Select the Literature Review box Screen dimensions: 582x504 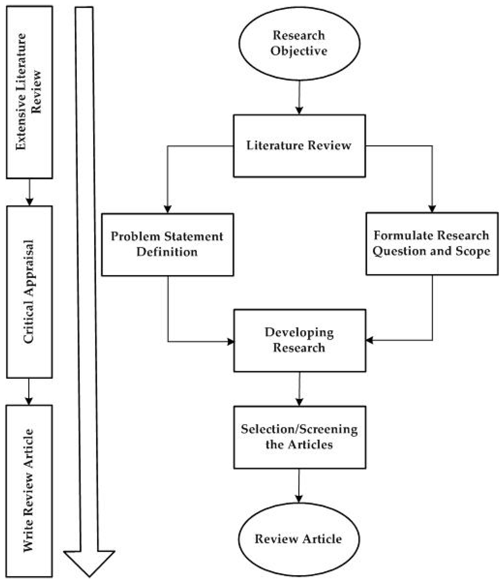[299, 146]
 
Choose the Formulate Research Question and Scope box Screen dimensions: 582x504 [432, 243]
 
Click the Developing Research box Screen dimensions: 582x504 [300, 340]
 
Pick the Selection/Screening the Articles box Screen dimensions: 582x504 [300, 437]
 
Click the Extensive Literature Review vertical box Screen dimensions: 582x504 [29, 92]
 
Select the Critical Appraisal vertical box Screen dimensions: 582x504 [29, 292]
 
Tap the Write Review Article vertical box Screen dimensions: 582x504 [29, 491]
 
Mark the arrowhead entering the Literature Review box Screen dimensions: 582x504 [299, 110]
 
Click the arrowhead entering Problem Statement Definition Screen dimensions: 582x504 [168, 209]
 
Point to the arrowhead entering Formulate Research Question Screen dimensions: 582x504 [432, 208]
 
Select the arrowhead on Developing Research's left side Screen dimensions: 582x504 [231, 342]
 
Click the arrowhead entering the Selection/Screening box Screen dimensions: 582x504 [299, 402]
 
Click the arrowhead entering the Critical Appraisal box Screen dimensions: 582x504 [29, 201]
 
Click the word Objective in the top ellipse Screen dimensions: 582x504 [299, 51]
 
